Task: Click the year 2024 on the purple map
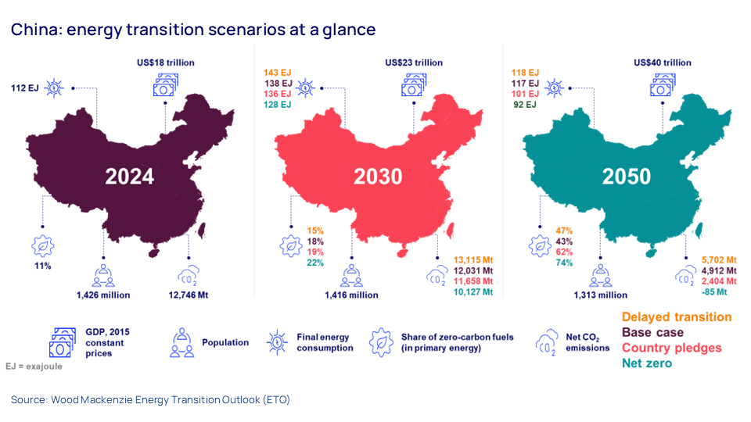click(x=130, y=176)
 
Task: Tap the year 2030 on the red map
click(x=378, y=176)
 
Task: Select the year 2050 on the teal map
click(x=626, y=176)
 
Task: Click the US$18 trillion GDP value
click(x=165, y=63)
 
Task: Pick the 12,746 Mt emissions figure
click(x=188, y=295)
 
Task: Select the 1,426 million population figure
click(x=102, y=295)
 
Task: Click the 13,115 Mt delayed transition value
click(x=469, y=259)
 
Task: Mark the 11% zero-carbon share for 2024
click(x=42, y=266)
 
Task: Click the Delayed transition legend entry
click(x=677, y=317)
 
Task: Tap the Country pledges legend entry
click(x=671, y=348)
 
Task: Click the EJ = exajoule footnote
click(x=34, y=366)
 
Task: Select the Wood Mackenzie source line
click(x=150, y=399)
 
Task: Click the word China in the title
click(x=36, y=30)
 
